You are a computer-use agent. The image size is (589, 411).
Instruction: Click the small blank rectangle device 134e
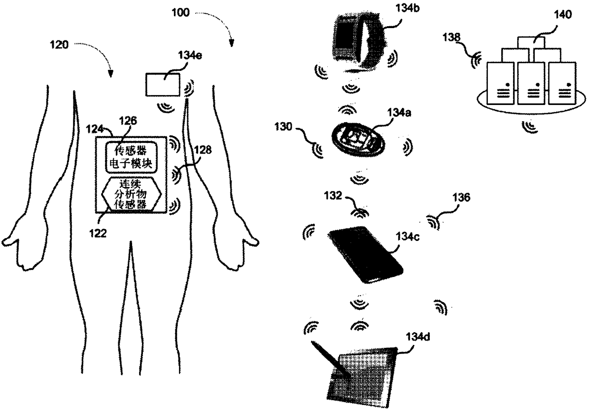coord(162,86)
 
